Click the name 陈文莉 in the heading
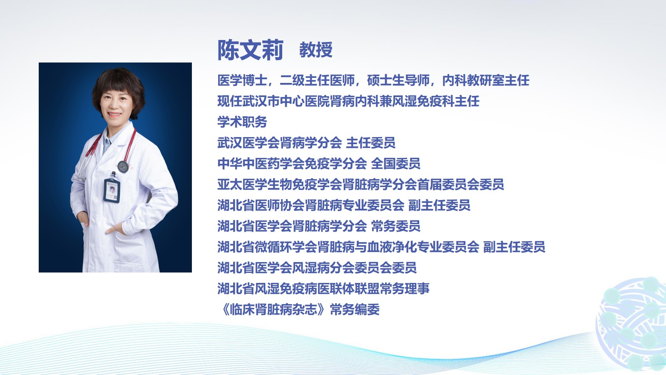click(250, 50)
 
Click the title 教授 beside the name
click(316, 50)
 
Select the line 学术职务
click(242, 122)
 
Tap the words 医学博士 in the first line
click(242, 80)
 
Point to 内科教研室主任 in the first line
click(486, 80)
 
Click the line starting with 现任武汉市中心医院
click(348, 101)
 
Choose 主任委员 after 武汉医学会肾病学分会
click(371, 143)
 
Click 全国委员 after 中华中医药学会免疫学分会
click(396, 164)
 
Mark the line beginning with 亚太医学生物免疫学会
click(360, 185)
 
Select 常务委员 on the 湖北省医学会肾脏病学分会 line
click(396, 226)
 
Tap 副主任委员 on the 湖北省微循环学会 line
click(514, 247)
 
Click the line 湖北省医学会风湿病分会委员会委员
click(317, 268)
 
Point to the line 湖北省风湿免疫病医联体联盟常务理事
click(323, 289)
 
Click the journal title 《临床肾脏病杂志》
click(273, 310)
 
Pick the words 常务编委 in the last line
click(355, 310)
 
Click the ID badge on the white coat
click(112, 191)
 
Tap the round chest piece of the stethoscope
click(123, 167)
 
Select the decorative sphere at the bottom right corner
click(632, 325)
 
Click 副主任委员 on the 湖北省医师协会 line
click(439, 205)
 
